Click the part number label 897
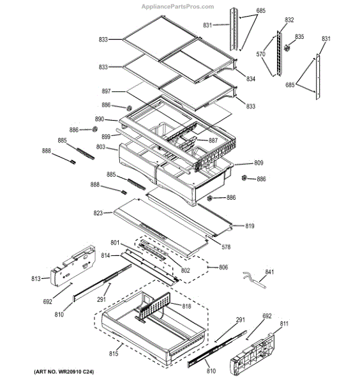(106, 91)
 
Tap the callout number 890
(100, 119)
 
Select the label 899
(106, 137)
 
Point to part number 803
(101, 147)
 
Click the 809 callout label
(259, 163)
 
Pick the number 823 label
(98, 213)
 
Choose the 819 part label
(250, 226)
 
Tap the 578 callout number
(226, 247)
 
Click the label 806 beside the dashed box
(223, 267)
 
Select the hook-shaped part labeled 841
(254, 280)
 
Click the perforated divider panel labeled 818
(154, 307)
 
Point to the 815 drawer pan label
(114, 353)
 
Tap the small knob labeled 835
(287, 48)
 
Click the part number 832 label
(289, 20)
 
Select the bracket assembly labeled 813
(73, 266)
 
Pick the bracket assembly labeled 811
(252, 356)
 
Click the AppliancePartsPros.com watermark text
(177, 6)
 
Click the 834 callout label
(251, 79)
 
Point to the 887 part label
(213, 140)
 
